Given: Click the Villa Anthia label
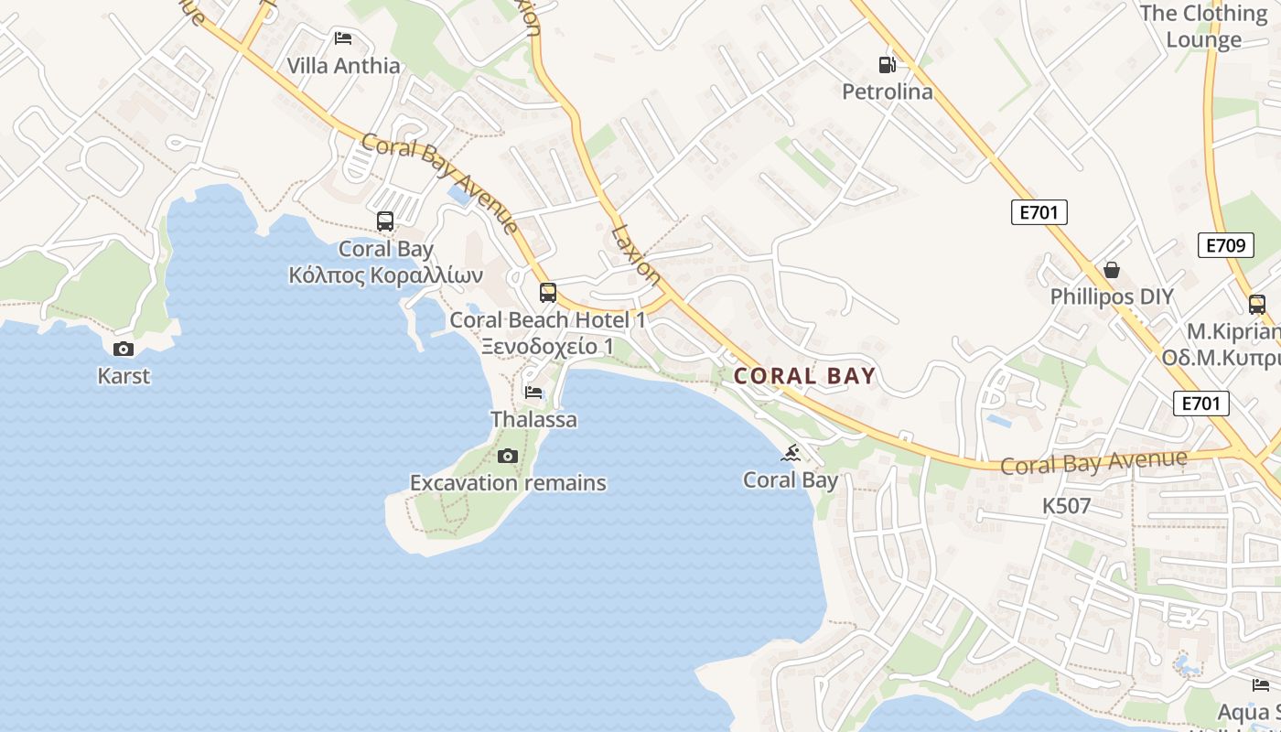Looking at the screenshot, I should [x=343, y=66].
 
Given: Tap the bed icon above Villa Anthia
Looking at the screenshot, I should [x=343, y=38].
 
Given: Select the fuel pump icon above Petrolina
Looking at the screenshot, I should [x=887, y=64].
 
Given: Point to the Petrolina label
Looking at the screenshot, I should [x=888, y=91].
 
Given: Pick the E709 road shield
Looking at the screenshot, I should [x=1225, y=245].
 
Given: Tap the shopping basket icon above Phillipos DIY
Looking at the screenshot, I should [x=1112, y=270].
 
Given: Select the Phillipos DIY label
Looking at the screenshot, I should [x=1112, y=297].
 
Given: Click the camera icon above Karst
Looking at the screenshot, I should [x=124, y=349].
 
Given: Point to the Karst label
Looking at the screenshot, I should [x=124, y=376].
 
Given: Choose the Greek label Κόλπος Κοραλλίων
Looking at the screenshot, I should [x=385, y=275].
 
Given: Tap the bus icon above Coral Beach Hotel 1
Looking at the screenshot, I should [x=548, y=293].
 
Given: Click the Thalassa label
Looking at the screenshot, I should [x=534, y=420].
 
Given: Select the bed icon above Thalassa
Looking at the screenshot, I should [x=533, y=393].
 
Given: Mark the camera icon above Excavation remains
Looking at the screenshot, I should [x=508, y=456].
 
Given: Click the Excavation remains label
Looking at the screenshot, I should [x=508, y=483].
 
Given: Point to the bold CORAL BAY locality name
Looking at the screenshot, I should [x=805, y=376].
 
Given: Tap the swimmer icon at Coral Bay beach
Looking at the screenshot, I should [x=791, y=453].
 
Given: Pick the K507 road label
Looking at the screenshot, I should [x=1067, y=506].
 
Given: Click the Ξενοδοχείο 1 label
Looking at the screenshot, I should [x=547, y=347].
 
